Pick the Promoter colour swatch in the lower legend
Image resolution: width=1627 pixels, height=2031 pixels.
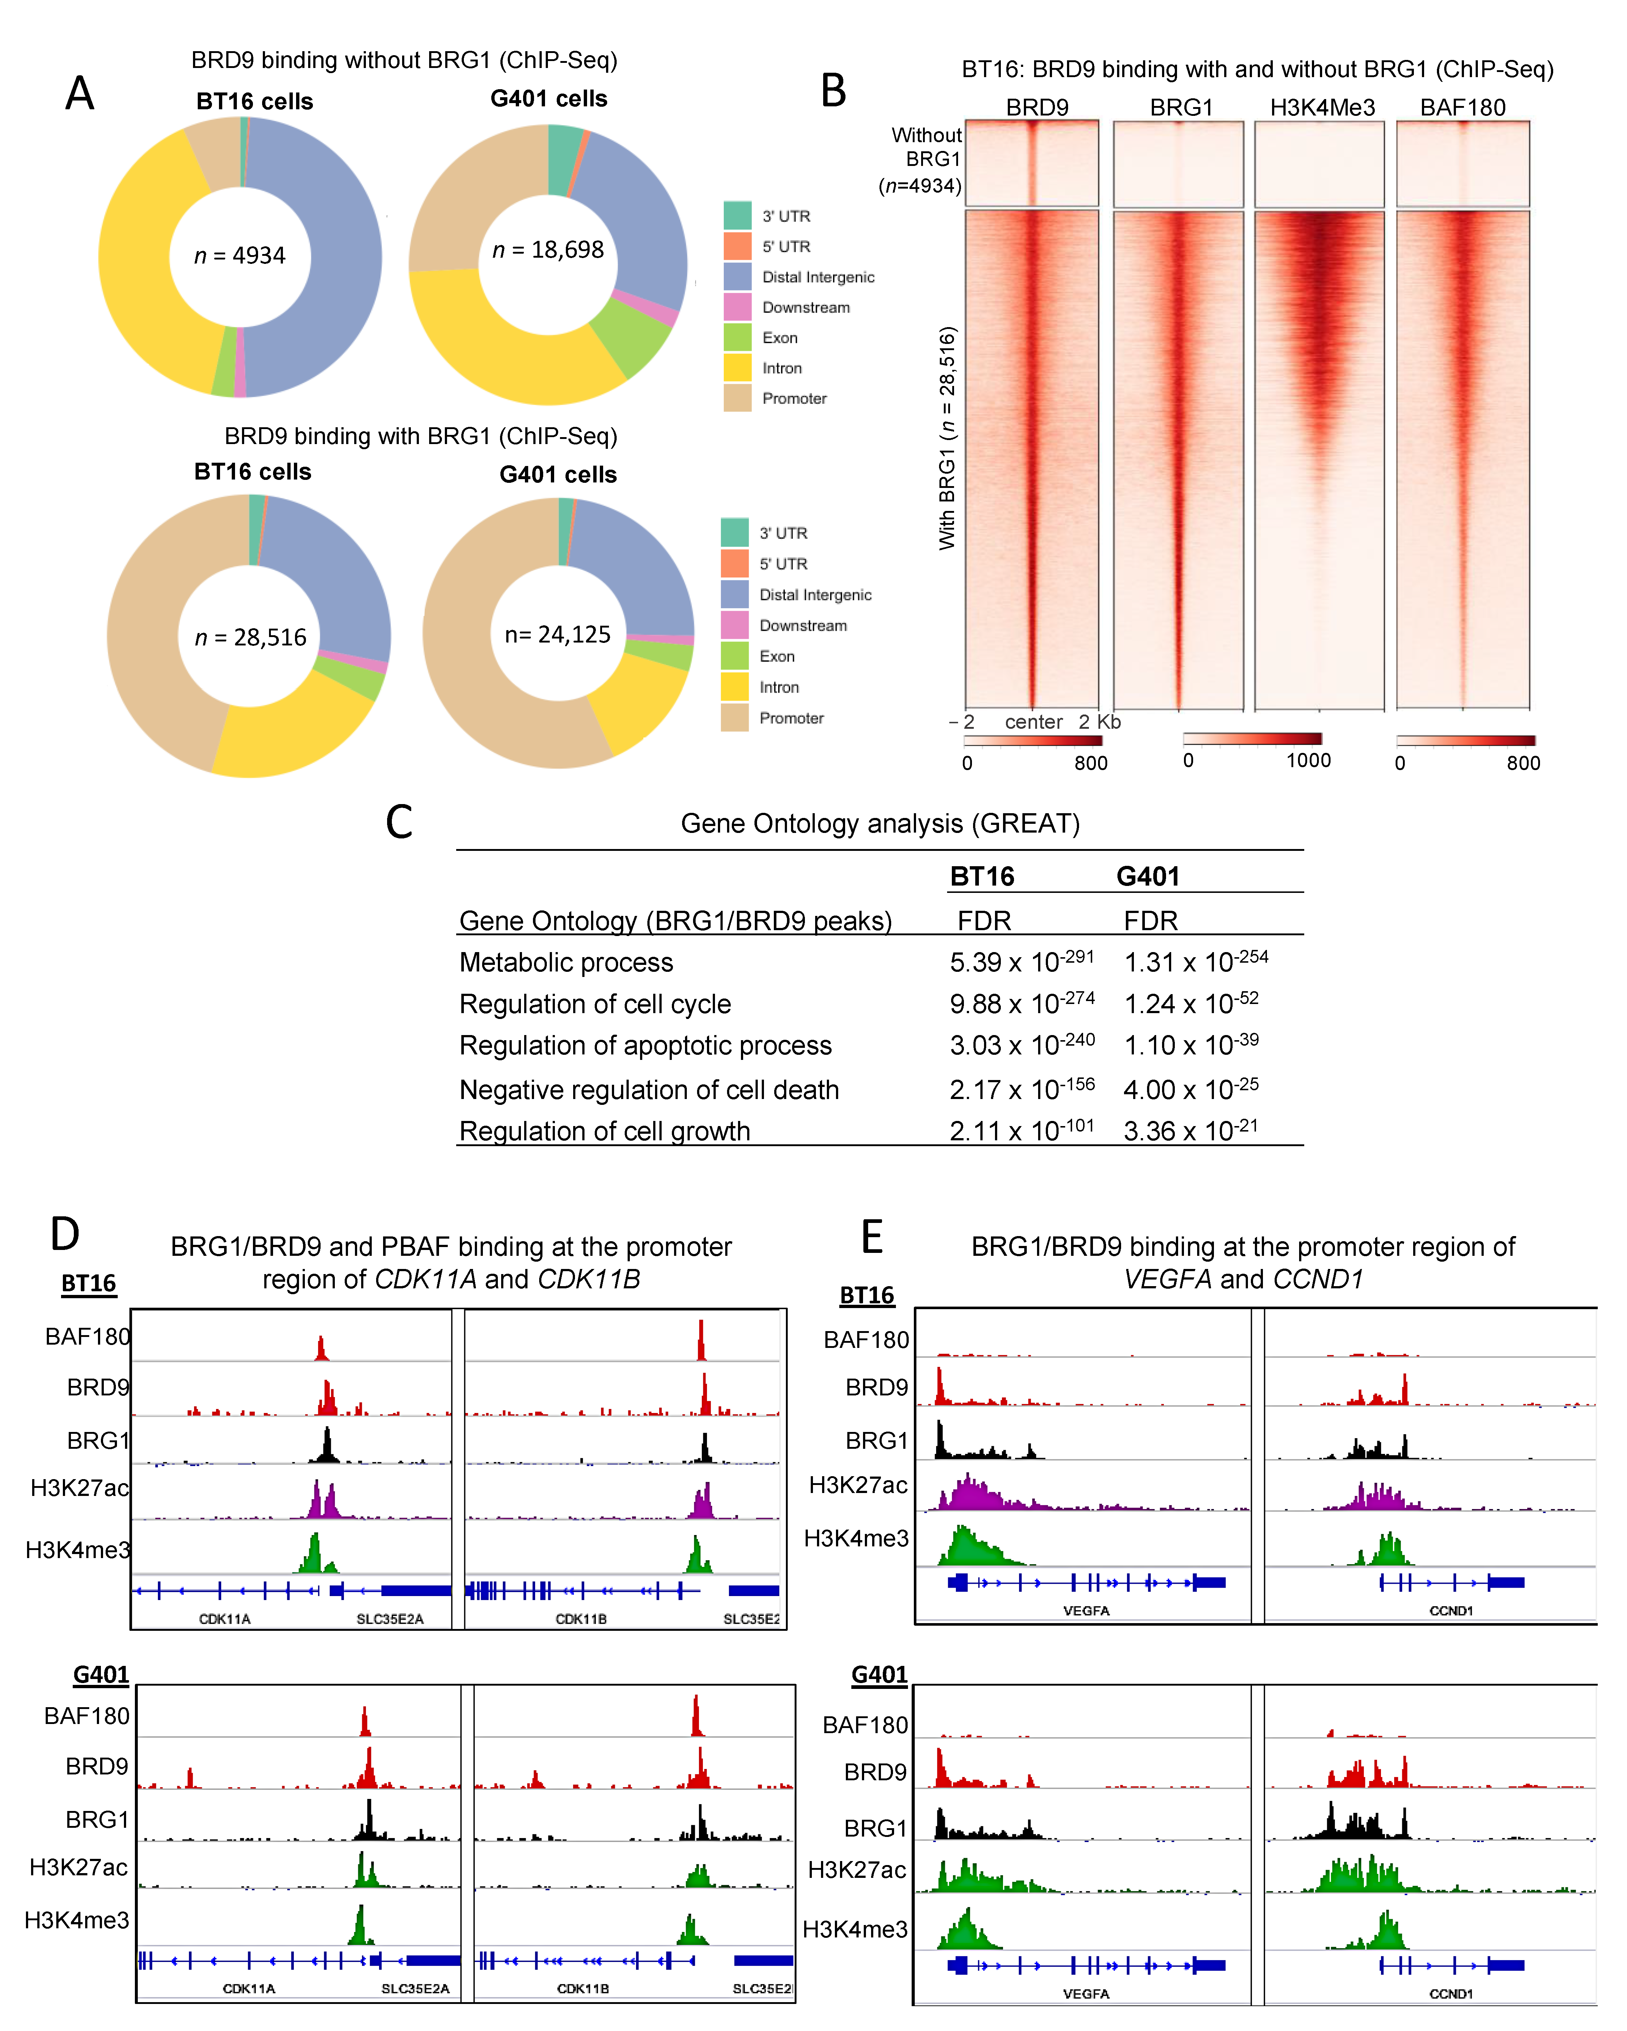click(x=735, y=718)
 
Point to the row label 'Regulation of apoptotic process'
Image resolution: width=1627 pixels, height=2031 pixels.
click(x=645, y=1046)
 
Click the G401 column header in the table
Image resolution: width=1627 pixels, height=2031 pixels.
click(x=1147, y=876)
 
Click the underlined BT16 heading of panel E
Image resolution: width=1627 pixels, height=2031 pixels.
click(x=867, y=1295)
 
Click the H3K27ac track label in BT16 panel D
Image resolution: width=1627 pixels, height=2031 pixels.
click(x=79, y=1488)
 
